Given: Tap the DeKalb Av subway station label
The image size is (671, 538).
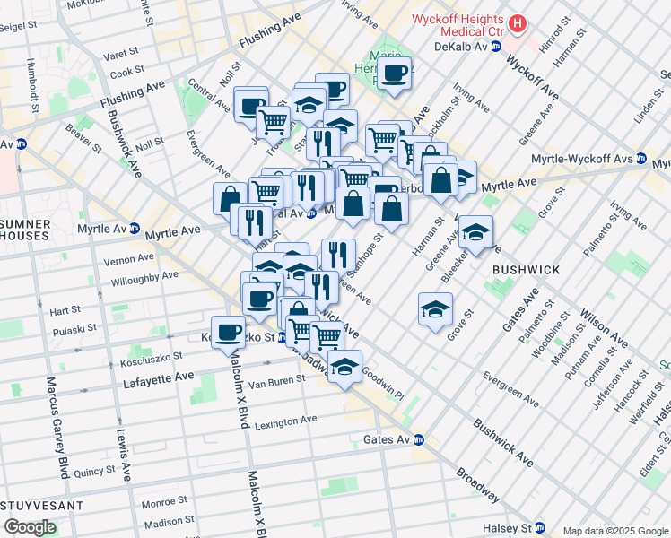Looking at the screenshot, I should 460,47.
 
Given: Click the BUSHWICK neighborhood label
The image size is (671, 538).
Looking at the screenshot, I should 526,269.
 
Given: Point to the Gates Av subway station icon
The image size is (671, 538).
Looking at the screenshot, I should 419,440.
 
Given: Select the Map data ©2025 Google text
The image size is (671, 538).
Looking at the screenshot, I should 615,531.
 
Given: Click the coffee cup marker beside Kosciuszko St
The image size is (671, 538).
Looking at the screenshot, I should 228,332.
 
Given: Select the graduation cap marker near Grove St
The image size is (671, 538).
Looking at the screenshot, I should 435,309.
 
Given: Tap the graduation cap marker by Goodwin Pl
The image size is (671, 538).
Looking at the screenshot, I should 344,365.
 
